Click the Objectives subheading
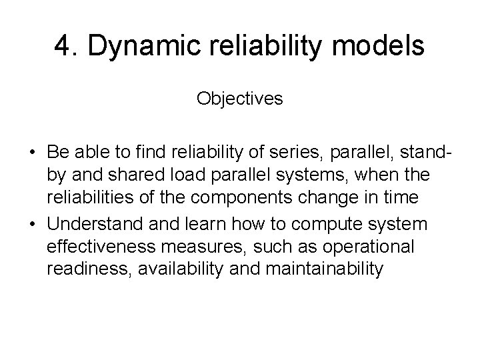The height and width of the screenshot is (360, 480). (239, 99)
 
